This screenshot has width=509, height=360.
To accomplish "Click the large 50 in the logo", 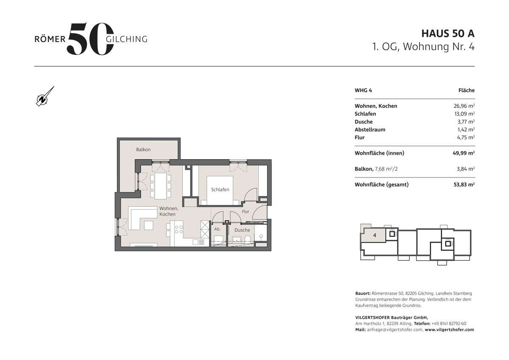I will click(x=90, y=39).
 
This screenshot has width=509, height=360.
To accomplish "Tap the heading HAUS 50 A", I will click(x=447, y=33).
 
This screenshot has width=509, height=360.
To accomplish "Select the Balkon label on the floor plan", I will click(x=143, y=150).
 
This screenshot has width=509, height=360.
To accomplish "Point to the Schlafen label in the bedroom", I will click(x=221, y=190).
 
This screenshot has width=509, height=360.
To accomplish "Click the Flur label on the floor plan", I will click(x=246, y=211).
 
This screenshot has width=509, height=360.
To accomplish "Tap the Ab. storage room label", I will click(x=217, y=230).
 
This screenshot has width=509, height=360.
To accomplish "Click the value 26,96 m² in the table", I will click(x=464, y=106).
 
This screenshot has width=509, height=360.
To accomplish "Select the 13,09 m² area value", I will click(x=464, y=114).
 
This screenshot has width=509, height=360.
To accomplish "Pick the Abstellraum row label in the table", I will click(x=370, y=129).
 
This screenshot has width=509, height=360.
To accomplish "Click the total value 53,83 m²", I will click(x=464, y=185).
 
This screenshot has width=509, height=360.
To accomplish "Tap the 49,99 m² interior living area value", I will click(x=464, y=153).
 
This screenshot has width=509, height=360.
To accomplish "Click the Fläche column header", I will click(x=466, y=90).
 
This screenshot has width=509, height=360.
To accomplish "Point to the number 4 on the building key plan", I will click(x=375, y=235).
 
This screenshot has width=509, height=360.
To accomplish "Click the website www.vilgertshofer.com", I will click(x=449, y=329).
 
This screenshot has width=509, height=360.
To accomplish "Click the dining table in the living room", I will click(x=161, y=186).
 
